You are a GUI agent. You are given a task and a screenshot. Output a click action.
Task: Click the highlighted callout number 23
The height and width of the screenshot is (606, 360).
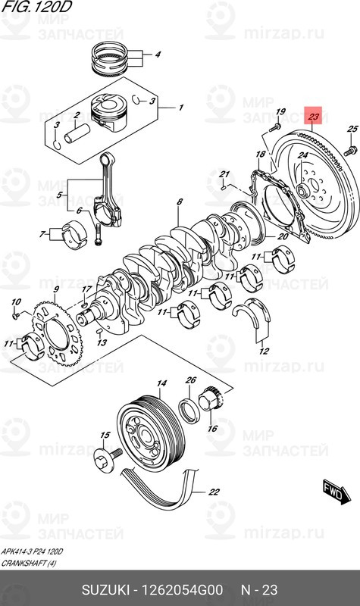click(314, 117)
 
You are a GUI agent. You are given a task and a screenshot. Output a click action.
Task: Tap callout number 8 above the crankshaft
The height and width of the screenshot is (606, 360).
click(180, 202)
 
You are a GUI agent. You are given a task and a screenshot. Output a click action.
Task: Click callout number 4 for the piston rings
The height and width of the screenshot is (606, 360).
click(158, 55)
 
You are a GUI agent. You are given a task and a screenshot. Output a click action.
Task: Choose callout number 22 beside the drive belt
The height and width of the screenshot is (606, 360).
click(214, 492)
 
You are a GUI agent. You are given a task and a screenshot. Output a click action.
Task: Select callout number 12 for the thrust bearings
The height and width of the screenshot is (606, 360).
click(262, 351)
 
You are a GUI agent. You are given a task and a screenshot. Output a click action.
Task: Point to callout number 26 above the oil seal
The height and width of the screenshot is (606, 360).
click(191, 380)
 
